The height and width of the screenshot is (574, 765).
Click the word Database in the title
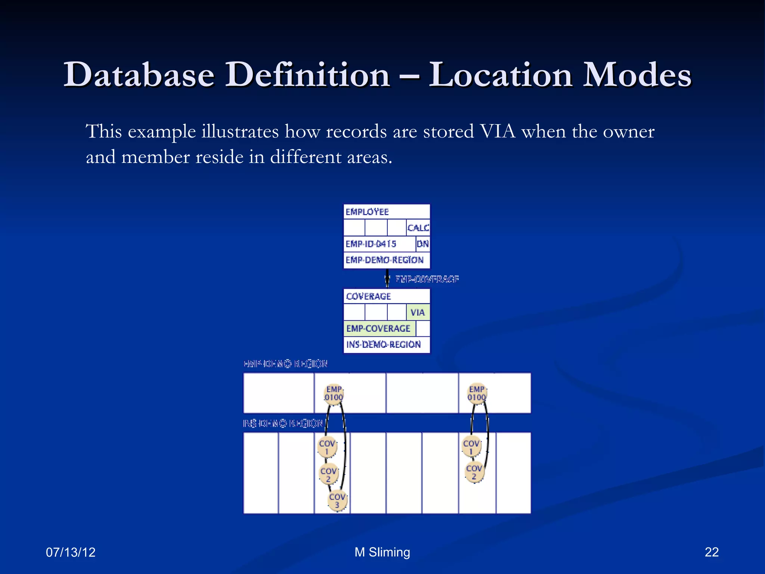point(139,75)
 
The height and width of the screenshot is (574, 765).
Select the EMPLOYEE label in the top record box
point(367,212)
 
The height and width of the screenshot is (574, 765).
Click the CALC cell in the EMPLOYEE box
point(418,228)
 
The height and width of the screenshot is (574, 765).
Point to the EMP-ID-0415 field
point(371,244)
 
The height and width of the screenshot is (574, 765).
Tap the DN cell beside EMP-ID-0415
point(422,244)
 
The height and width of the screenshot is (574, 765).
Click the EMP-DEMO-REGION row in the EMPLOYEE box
point(385,260)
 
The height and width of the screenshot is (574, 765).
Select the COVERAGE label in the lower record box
point(368,296)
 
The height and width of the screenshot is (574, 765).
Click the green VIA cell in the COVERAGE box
point(418,312)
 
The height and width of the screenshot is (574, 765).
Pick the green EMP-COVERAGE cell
point(378,328)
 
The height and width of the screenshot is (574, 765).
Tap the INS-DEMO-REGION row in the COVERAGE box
point(384,345)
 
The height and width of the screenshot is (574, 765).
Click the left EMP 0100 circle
point(334,394)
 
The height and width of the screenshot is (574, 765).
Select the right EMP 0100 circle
point(477,394)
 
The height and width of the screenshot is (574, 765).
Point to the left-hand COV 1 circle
point(327,447)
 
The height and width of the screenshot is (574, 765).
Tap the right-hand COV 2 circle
point(474,472)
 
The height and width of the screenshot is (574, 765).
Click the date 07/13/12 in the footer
point(71,552)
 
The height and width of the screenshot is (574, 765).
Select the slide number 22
point(712,552)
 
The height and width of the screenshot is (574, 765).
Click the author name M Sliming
point(382,552)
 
